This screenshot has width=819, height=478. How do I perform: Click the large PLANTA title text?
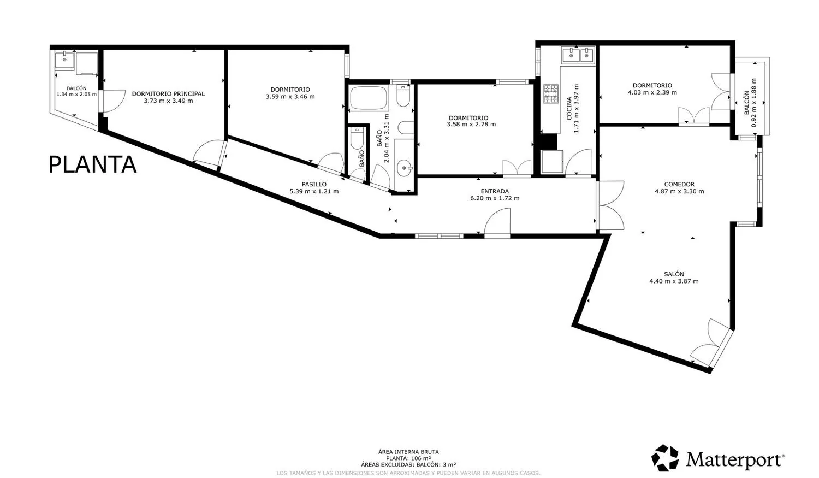92,164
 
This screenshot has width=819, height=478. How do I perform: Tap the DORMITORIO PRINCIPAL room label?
168,93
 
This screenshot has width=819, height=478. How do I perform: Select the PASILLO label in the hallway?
314,184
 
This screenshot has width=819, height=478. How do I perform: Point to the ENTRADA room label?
495,191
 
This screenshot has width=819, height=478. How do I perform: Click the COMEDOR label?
679,184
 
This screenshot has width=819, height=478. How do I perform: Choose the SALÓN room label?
674,274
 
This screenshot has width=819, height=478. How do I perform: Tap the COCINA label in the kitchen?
569,109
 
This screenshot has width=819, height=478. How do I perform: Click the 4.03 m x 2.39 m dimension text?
652,92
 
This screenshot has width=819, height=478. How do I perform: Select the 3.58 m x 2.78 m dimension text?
471,125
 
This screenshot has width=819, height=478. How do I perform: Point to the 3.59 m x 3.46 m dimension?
290,97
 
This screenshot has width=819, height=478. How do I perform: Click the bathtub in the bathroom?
369,98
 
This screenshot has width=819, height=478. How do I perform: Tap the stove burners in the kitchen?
550,93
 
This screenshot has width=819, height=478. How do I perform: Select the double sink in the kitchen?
579,56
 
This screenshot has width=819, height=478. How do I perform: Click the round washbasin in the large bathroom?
405,168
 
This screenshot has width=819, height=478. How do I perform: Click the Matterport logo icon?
665,458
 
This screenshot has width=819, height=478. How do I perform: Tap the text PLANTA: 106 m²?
408,458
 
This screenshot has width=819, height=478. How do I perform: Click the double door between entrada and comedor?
610,205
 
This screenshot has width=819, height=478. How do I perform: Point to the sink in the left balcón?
64,60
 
